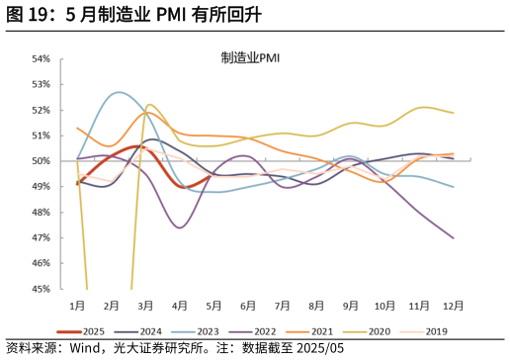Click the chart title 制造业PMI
click(x=250, y=58)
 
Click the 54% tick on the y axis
click(x=41, y=58)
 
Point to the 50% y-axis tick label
click(x=41, y=161)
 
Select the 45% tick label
click(x=41, y=290)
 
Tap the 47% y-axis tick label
click(x=41, y=238)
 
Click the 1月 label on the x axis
click(x=77, y=306)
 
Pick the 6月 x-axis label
click(x=248, y=306)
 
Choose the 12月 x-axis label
click(x=453, y=306)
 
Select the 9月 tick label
click(x=351, y=306)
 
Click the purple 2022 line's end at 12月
click(x=454, y=237)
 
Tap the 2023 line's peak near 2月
click(x=120, y=92)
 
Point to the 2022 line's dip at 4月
click(x=180, y=227)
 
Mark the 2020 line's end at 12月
click(x=454, y=113)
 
